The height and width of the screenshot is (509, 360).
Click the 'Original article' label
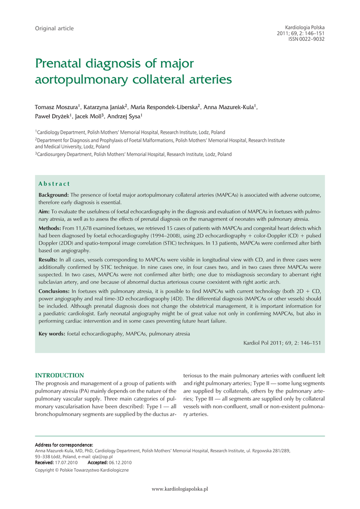tap(54, 28)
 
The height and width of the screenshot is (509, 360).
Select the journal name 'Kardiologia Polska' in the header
tap(304, 27)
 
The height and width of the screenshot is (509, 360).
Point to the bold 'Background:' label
tap(54, 195)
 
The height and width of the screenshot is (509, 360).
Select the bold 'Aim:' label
tap(44, 212)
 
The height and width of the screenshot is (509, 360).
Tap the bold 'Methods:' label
tap(50, 228)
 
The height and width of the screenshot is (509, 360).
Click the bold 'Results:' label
tap(48, 259)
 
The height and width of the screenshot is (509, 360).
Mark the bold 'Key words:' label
tap(52, 334)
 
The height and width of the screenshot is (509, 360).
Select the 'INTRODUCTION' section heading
tap(59, 375)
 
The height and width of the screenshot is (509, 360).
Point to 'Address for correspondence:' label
tap(64, 444)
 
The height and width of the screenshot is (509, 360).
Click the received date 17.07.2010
tap(67, 462)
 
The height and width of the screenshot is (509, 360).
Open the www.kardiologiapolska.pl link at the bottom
tap(180, 489)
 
